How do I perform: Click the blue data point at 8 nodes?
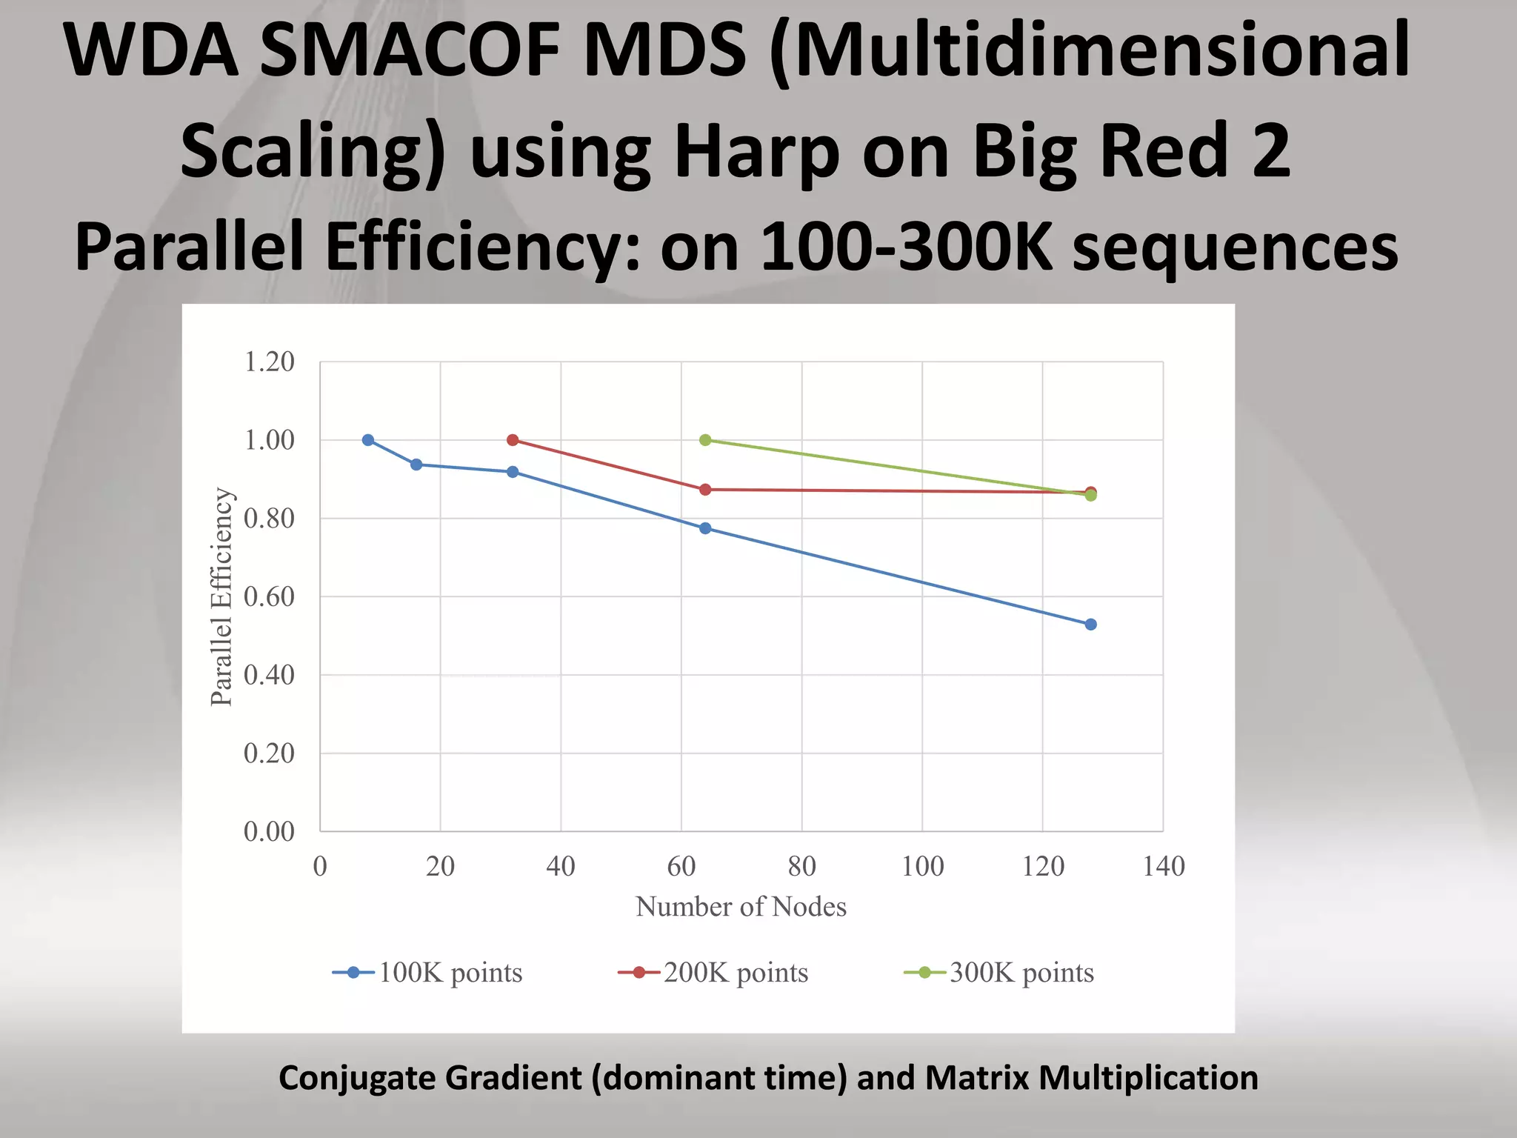[368, 440]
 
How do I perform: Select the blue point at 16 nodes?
[416, 465]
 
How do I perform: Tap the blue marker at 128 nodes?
[1090, 625]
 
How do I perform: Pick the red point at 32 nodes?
[513, 440]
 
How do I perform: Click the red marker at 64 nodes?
[705, 490]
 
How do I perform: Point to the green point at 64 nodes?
[705, 440]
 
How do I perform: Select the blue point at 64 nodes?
[705, 528]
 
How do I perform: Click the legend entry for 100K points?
[428, 973]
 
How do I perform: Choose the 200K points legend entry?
[713, 973]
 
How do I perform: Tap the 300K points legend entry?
[999, 973]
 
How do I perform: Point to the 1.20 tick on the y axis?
[269, 362]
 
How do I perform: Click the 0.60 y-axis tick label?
[269, 596]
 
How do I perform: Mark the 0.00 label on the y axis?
[269, 831]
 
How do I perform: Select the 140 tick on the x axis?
[1164, 866]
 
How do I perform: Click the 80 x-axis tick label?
[801, 866]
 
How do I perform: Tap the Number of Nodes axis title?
[741, 907]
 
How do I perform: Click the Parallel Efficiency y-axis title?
[221, 596]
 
